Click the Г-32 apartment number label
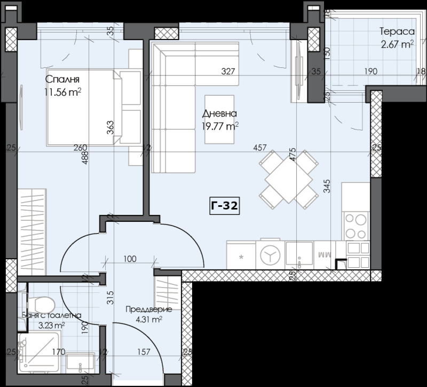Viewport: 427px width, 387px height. (224, 205)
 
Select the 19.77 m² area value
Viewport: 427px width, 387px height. (220, 126)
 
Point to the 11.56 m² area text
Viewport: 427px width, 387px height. (63, 91)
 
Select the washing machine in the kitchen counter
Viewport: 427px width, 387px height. (270, 255)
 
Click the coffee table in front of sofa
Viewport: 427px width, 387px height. (219, 119)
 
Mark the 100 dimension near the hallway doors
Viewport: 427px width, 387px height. (130, 259)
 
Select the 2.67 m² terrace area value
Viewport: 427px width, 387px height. (396, 44)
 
